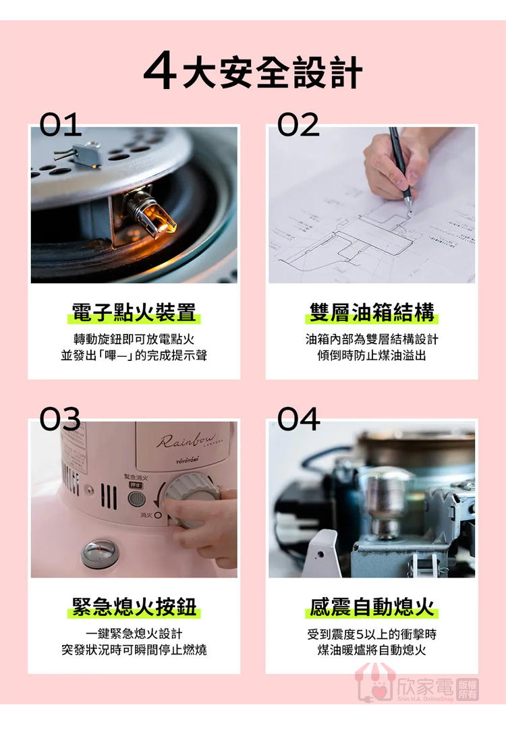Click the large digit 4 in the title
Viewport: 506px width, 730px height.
click(x=160, y=70)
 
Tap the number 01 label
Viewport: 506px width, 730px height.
click(x=61, y=124)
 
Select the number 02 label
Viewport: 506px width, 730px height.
click(x=298, y=124)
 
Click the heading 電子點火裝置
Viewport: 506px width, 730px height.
click(x=134, y=312)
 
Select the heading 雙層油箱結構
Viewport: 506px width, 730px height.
click(x=372, y=312)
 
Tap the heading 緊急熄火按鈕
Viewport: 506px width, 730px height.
click(x=134, y=607)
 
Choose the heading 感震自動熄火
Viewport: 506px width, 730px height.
click(x=372, y=607)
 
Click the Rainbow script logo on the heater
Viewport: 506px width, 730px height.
click(x=186, y=440)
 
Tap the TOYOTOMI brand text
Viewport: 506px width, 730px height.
click(x=187, y=460)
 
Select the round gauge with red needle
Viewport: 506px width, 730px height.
click(x=100, y=553)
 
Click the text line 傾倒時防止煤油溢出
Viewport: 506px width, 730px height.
click(x=372, y=356)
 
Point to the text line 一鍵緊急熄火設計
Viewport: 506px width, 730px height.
click(x=134, y=634)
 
